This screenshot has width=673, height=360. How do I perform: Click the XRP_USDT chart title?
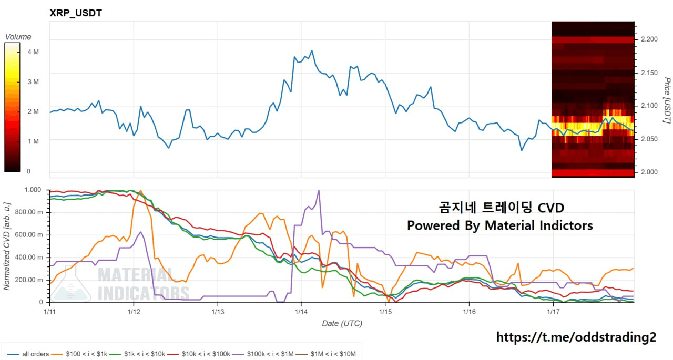[x=76, y=13]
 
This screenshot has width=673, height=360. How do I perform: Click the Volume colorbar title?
[x=18, y=37]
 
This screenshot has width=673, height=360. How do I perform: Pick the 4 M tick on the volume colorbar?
[x=33, y=52]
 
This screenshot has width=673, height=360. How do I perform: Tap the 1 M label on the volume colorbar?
[x=33, y=141]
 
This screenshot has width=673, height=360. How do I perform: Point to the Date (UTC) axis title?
[x=342, y=324]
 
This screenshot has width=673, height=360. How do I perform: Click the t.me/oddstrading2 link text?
[x=576, y=337]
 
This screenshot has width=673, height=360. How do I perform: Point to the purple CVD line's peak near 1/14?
[x=319, y=190]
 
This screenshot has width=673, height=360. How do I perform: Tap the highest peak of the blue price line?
[x=312, y=51]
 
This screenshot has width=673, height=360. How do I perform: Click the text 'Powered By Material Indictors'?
[x=499, y=225]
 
